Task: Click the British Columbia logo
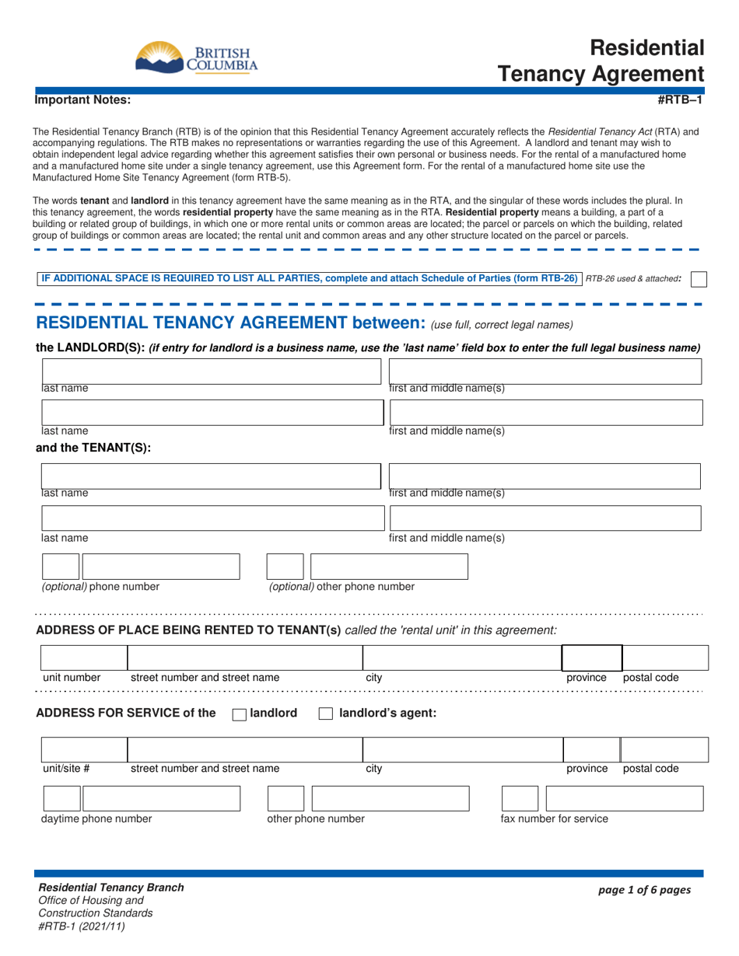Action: (x=196, y=57)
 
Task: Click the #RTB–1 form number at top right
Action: (x=681, y=99)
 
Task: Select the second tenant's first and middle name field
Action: (x=545, y=518)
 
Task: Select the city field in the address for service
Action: (x=462, y=750)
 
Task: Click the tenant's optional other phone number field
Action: (x=389, y=567)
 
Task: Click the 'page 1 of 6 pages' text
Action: (x=643, y=891)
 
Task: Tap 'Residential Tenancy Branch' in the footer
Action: (x=111, y=888)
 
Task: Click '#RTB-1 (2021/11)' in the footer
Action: (x=82, y=925)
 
